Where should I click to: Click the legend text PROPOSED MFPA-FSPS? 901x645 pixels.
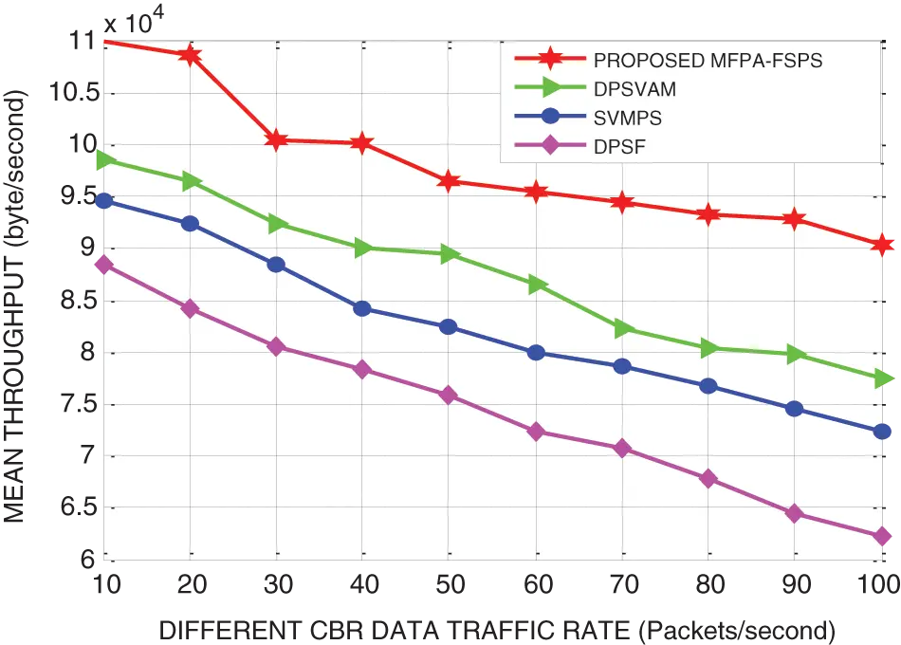[708, 61]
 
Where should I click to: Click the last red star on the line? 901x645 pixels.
[882, 245]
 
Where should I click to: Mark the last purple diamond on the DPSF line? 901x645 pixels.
[882, 537]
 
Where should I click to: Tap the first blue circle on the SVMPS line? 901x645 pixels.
[104, 201]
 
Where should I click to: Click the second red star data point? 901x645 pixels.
[191, 55]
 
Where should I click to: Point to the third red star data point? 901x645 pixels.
[277, 140]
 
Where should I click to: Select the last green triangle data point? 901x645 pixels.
[883, 378]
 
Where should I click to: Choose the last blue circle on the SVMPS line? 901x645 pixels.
[882, 433]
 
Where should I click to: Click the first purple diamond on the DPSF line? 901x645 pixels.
[104, 265]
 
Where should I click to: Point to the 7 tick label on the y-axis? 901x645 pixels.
[87, 457]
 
